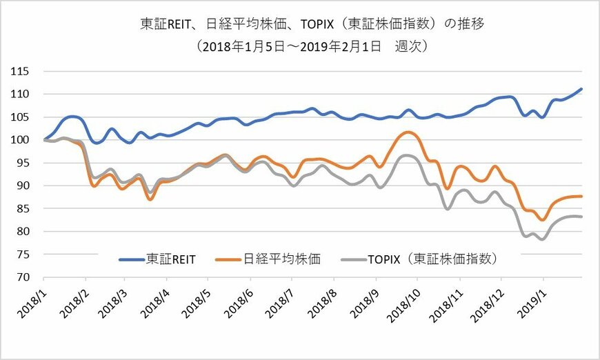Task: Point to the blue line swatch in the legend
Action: tap(132, 259)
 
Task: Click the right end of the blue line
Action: tap(582, 89)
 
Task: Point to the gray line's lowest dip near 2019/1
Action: tap(543, 239)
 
